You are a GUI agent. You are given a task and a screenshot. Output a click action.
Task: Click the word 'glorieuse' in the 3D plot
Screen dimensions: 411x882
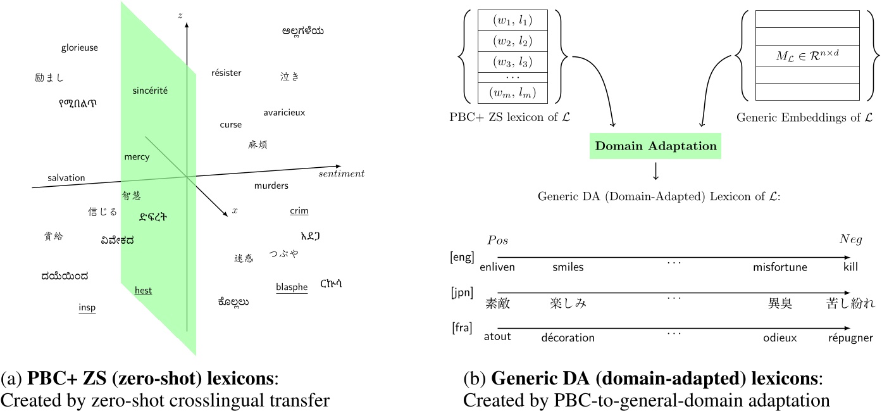click(x=80, y=47)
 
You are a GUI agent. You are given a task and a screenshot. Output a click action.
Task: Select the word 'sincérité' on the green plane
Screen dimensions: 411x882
click(x=150, y=91)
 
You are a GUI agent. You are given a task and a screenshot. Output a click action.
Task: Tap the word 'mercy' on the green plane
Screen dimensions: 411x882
click(x=137, y=157)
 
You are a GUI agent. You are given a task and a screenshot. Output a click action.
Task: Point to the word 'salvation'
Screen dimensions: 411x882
click(x=66, y=178)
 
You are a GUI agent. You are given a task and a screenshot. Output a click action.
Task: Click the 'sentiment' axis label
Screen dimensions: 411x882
click(x=341, y=174)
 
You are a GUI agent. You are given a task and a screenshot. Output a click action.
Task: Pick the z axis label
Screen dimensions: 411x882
click(x=180, y=15)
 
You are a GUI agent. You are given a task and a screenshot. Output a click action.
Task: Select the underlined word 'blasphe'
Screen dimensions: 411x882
click(x=292, y=287)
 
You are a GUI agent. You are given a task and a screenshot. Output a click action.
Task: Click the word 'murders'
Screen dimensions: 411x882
click(x=271, y=186)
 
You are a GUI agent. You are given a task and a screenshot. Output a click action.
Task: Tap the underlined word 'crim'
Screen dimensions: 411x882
click(x=299, y=211)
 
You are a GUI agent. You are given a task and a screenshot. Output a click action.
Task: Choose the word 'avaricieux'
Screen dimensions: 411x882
click(x=284, y=113)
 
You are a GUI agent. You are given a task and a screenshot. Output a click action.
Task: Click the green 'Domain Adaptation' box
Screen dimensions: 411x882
click(x=656, y=146)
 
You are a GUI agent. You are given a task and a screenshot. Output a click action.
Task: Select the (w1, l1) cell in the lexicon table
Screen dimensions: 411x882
click(x=512, y=20)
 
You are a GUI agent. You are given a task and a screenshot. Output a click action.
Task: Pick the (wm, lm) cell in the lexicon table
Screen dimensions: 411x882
click(x=512, y=93)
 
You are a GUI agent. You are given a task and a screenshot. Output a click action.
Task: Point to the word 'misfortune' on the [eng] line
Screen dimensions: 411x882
click(x=780, y=267)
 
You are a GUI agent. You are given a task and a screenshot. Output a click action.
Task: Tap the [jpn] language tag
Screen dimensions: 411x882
click(x=461, y=293)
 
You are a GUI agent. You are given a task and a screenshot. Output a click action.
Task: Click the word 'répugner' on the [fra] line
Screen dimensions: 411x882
click(x=850, y=338)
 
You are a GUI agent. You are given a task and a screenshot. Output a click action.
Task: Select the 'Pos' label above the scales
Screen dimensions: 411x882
click(x=497, y=241)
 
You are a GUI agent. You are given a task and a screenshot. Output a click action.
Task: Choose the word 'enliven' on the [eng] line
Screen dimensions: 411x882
click(x=497, y=267)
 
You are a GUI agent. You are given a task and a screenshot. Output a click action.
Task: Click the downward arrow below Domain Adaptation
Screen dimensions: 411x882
click(x=655, y=171)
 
